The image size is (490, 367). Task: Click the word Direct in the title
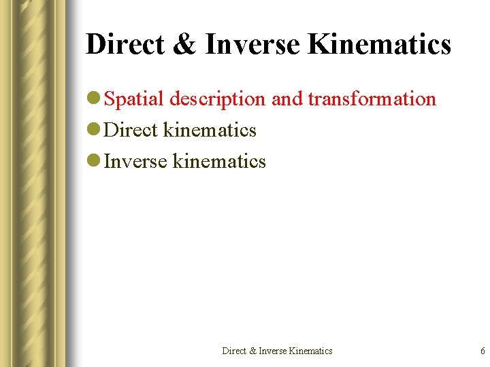point(124,45)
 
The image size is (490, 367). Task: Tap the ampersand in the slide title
point(183,45)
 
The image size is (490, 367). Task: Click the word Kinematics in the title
point(380,45)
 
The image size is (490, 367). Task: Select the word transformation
point(372,99)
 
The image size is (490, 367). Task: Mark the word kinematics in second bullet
point(210,130)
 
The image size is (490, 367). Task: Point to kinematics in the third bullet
point(219,162)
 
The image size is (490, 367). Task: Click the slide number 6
point(483,351)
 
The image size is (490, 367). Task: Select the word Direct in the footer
point(235,351)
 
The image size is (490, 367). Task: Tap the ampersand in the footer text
point(253,351)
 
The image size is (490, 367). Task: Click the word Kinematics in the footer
point(311,351)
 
